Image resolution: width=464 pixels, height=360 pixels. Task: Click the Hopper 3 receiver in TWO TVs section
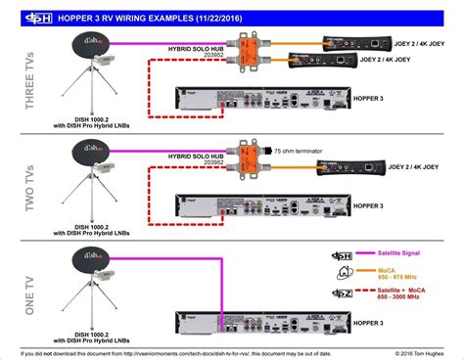[x=259, y=206]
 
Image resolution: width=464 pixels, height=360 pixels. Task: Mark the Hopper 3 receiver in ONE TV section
[x=259, y=314]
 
